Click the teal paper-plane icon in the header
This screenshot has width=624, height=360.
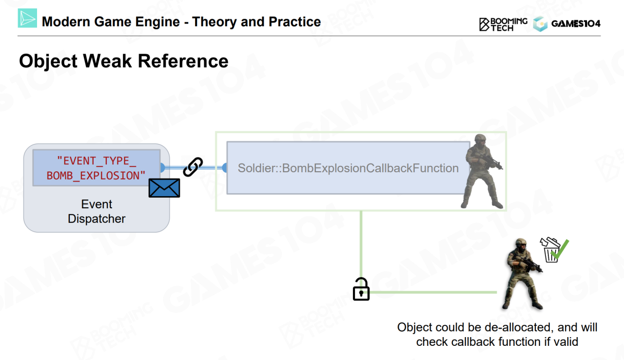(27, 18)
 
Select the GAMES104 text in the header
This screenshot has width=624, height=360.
(576, 23)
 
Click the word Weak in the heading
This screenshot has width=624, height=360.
(106, 61)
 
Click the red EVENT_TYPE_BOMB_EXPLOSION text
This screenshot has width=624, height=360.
(96, 168)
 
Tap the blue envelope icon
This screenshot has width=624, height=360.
(164, 188)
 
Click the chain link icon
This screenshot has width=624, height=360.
(193, 167)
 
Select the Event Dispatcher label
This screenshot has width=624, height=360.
(97, 211)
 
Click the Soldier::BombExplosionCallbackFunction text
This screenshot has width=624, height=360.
(348, 168)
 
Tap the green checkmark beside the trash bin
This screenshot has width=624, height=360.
(561, 249)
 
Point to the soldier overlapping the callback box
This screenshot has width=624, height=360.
(483, 171)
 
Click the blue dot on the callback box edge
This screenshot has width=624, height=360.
(225, 168)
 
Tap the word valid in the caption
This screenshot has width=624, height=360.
(565, 342)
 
